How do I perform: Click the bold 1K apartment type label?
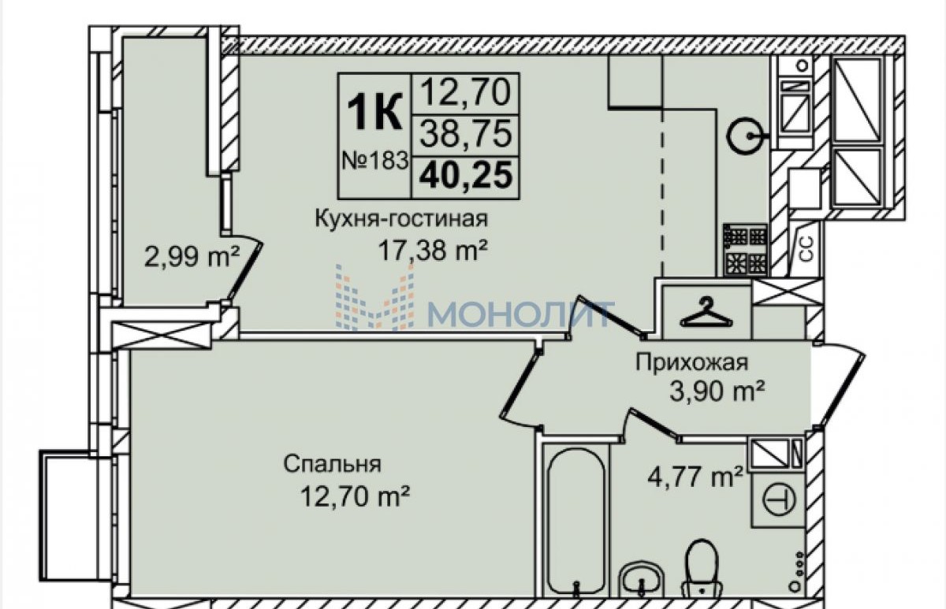point(374,112)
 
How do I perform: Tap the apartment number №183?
point(375,161)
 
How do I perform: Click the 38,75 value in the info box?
point(466,134)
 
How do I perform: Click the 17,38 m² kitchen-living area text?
point(433,251)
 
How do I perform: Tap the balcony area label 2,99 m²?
point(192,257)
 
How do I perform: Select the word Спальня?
point(333,464)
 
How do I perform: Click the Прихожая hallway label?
point(692,363)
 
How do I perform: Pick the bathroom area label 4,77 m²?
point(695,476)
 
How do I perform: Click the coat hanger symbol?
point(706,311)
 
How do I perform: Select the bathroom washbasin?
point(642,580)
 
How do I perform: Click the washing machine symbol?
point(779,500)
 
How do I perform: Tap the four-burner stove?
point(746,250)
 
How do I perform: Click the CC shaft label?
point(807,249)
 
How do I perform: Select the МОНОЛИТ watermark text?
point(520,314)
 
